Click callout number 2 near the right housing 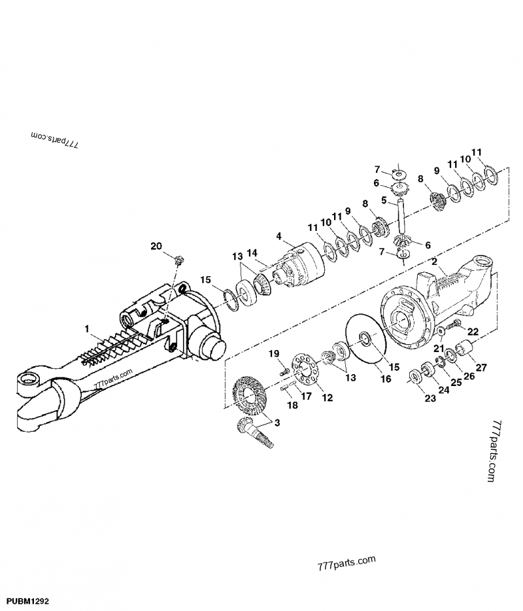tap(433, 262)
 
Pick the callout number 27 tap(481, 367)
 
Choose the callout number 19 tap(276, 353)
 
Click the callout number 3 tap(279, 423)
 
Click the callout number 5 tap(385, 200)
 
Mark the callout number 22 tap(473, 332)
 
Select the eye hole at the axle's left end tap(29, 378)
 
